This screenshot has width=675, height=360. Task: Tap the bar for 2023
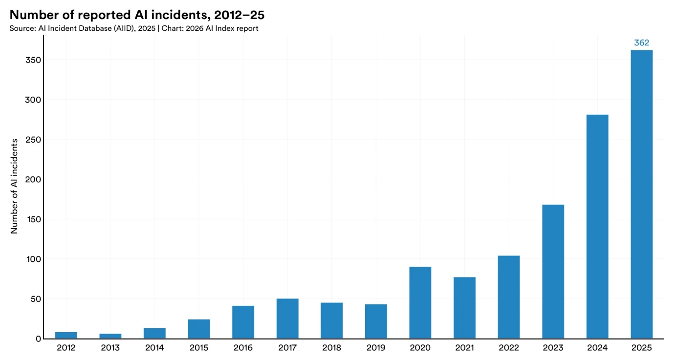coord(553,271)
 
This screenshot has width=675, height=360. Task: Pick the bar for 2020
coord(420,302)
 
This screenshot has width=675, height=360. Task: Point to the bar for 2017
coord(287,318)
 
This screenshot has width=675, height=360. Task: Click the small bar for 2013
coord(110,336)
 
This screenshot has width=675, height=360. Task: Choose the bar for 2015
coord(199,329)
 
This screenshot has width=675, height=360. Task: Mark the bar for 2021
coord(464,308)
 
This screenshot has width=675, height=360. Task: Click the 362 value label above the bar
coord(641,43)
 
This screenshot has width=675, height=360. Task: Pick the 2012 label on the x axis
coord(66,348)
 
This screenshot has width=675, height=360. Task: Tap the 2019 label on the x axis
coord(376,348)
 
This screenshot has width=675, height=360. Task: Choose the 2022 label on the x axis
coord(508,348)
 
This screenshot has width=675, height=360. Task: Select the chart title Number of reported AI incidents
coord(137,15)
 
